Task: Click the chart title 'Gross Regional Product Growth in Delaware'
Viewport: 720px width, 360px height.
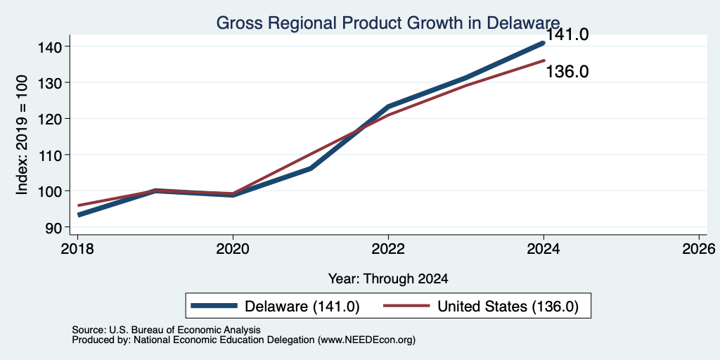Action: [388, 22]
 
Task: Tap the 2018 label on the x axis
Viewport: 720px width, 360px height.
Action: [77, 250]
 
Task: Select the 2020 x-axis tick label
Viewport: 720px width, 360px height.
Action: [233, 250]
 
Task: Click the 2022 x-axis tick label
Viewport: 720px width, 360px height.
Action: [388, 250]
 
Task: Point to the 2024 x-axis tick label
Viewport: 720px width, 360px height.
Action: [544, 250]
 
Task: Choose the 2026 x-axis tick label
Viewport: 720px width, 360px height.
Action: [699, 250]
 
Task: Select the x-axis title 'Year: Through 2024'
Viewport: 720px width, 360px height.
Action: [388, 278]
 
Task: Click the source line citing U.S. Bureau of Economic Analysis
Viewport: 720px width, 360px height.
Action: [166, 330]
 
